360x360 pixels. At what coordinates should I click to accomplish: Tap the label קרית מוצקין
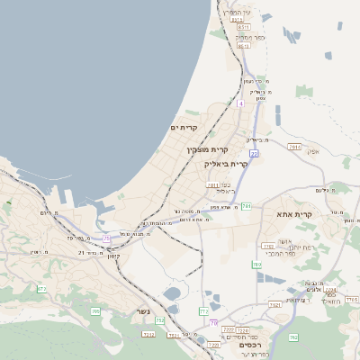click(208, 149)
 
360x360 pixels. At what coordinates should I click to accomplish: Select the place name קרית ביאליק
click(226, 164)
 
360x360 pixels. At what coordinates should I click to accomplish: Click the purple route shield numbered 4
click(240, 104)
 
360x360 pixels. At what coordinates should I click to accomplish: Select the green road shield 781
click(246, 206)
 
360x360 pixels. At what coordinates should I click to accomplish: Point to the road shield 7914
click(293, 147)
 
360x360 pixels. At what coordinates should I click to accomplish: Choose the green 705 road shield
click(95, 311)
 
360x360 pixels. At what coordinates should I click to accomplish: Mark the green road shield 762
click(292, 337)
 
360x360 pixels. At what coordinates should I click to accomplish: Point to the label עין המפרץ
click(237, 13)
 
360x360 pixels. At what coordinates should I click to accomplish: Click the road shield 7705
click(351, 299)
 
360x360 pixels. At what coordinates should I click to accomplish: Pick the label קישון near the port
click(113, 256)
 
